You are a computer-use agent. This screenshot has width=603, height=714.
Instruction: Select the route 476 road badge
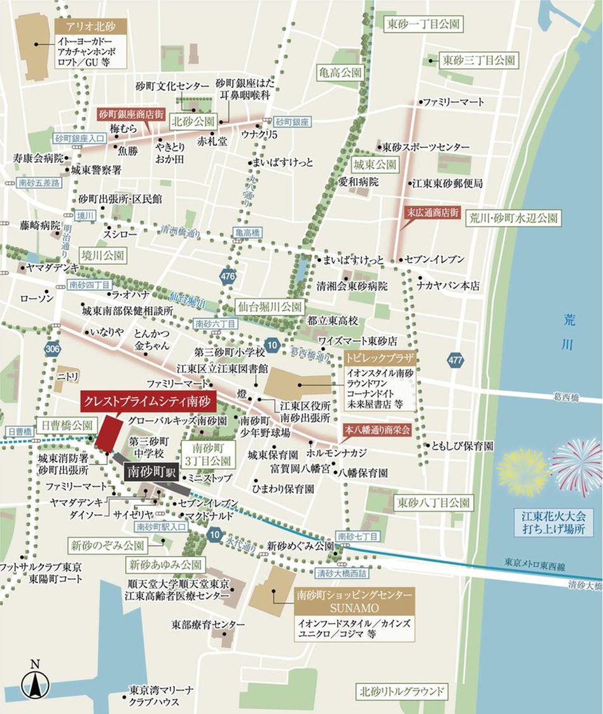pos(228,276)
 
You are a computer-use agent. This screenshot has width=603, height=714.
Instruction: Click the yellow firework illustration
pos(523,472)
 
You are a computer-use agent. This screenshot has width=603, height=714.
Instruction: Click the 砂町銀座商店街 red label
pos(132,116)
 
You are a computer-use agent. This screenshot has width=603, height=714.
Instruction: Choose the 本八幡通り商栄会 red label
pos(377,430)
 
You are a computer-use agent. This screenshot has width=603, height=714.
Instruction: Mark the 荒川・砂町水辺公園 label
pos(514,218)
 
